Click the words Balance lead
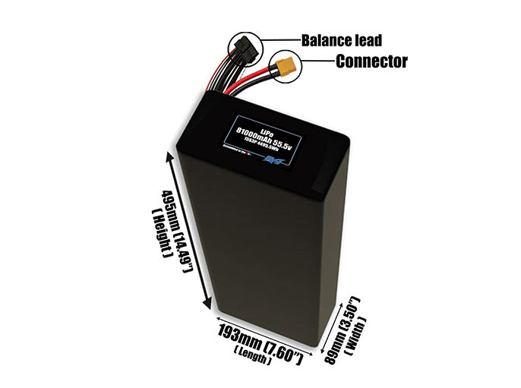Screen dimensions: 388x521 pyautogui.click(x=341, y=40)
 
